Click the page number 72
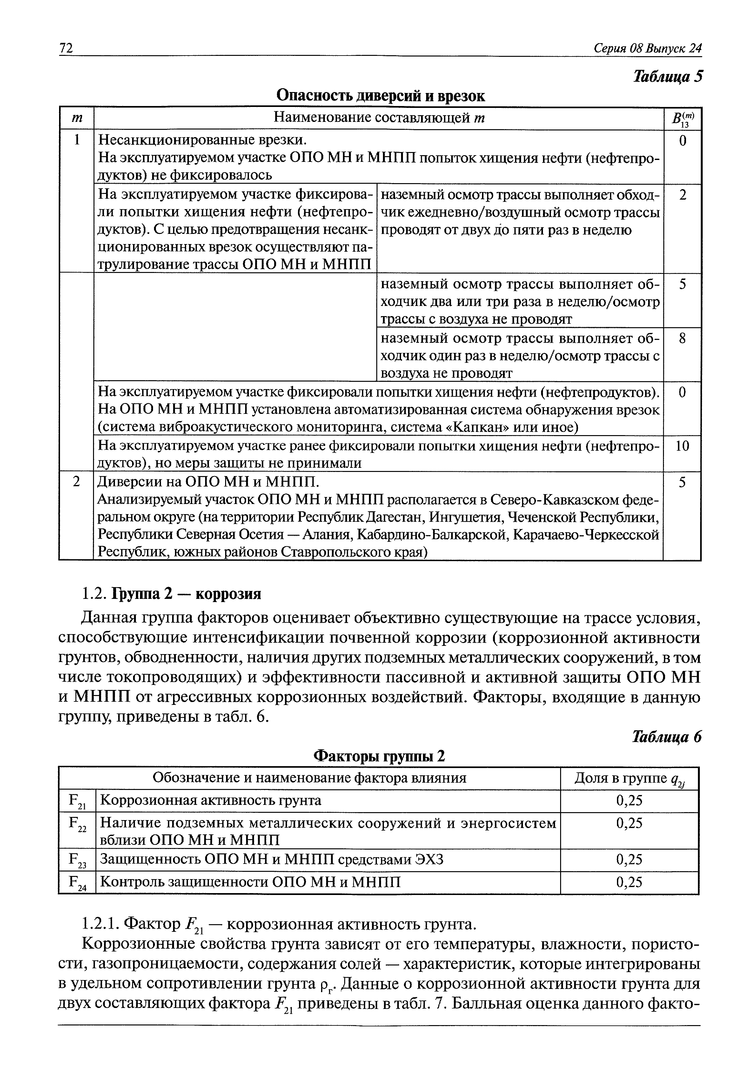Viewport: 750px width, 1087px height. pos(66,48)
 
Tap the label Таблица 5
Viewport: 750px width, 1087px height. pos(668,76)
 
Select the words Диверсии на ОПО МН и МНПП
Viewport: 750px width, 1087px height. pos(208,482)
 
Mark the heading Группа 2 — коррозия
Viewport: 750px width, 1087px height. pos(186,594)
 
